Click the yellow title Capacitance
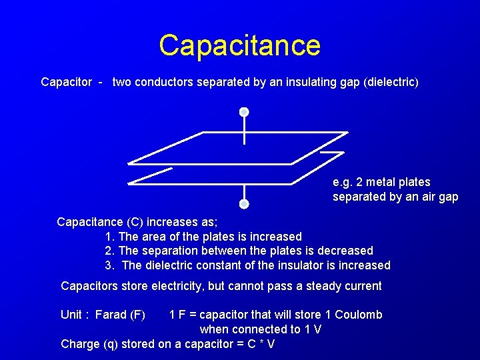[x=239, y=45]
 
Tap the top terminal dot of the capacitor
[x=244, y=112]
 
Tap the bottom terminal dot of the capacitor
[x=244, y=203]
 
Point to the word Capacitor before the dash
[x=67, y=83]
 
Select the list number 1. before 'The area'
[x=110, y=237]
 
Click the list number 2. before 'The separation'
[x=110, y=251]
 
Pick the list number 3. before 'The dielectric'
[x=110, y=265]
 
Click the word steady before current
[x=323, y=286]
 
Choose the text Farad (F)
[x=120, y=315]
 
